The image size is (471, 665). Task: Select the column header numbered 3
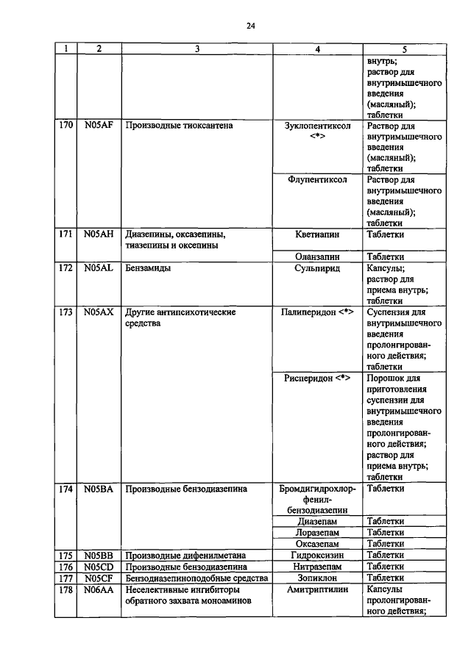tap(196, 49)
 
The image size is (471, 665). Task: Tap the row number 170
tap(65, 126)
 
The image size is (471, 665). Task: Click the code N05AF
tap(98, 126)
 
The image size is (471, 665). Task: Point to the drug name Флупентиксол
tap(317, 179)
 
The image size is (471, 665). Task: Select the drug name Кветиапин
tap(317, 234)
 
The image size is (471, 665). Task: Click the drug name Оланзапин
tap(317, 257)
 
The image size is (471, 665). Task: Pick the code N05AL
tap(98, 268)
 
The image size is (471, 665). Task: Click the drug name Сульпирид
tap(317, 268)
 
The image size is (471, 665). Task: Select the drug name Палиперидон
tap(309, 312)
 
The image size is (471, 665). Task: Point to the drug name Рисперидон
tap(308, 378)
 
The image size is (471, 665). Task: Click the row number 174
tap(65, 488)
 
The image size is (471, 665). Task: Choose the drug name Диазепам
tap(317, 521)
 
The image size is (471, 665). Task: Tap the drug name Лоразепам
tap(317, 532)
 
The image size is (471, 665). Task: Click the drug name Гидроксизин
tap(317, 555)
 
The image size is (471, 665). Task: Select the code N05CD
tap(98, 566)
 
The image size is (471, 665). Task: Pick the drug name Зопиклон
tap(317, 578)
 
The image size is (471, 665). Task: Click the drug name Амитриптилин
tap(317, 589)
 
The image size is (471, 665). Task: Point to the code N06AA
tap(98, 589)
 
